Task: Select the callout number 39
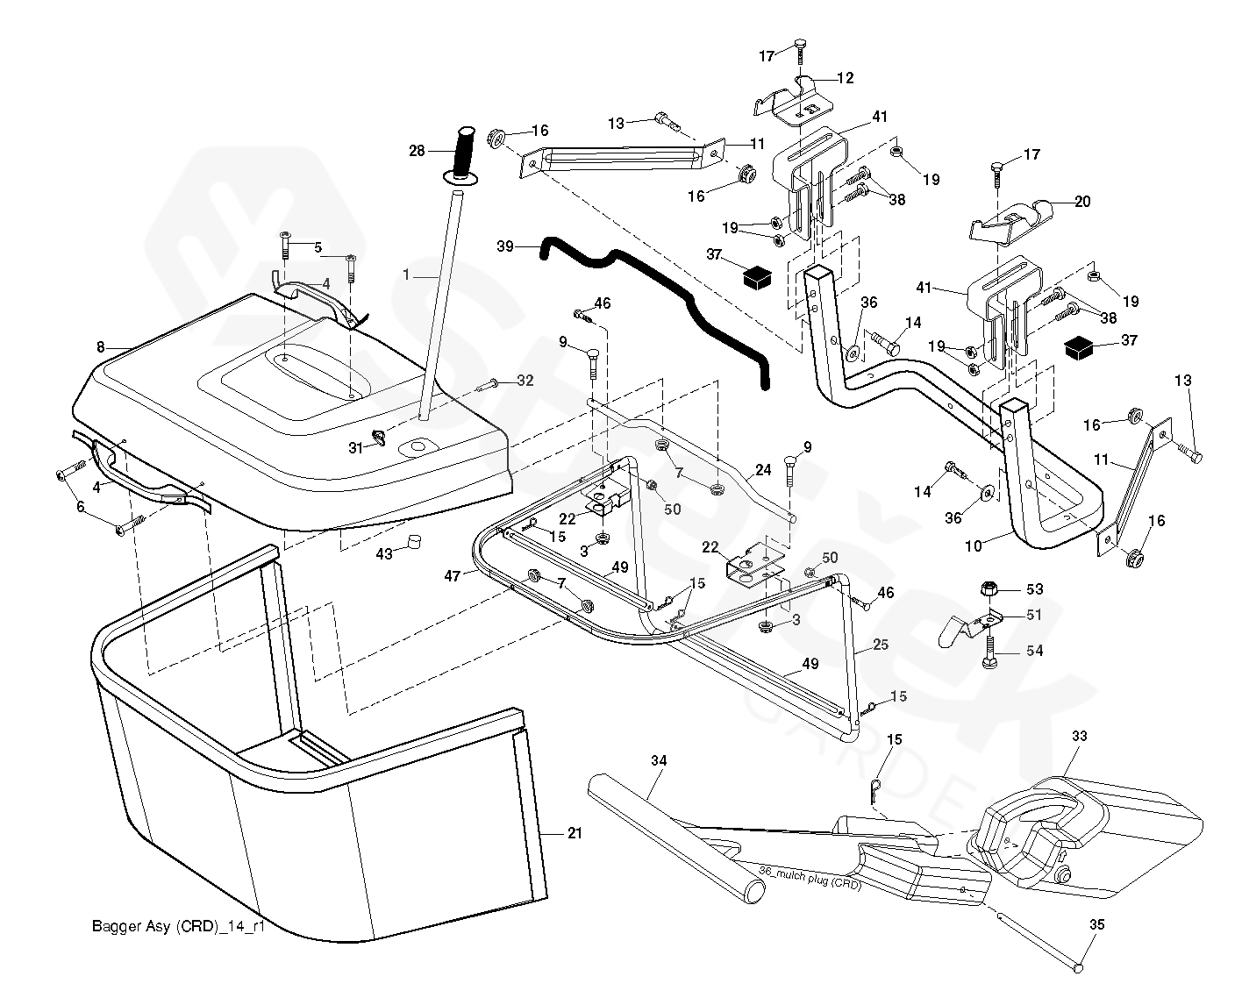coord(505,247)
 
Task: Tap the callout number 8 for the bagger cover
coord(101,347)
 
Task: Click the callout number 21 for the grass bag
coord(575,833)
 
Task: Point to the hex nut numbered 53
coord(989,589)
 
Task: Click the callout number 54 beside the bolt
coord(1035,652)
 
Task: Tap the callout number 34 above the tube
coord(659,761)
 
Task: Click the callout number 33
coord(1079,737)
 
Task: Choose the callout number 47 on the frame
coord(453,576)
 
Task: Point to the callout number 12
coord(845,78)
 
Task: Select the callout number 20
coord(1082,202)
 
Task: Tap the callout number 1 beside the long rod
coord(406,274)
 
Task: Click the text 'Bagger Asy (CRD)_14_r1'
coord(178,926)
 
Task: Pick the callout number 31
coord(355,447)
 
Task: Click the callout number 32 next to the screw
coord(525,381)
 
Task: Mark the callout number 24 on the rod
coord(763,470)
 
